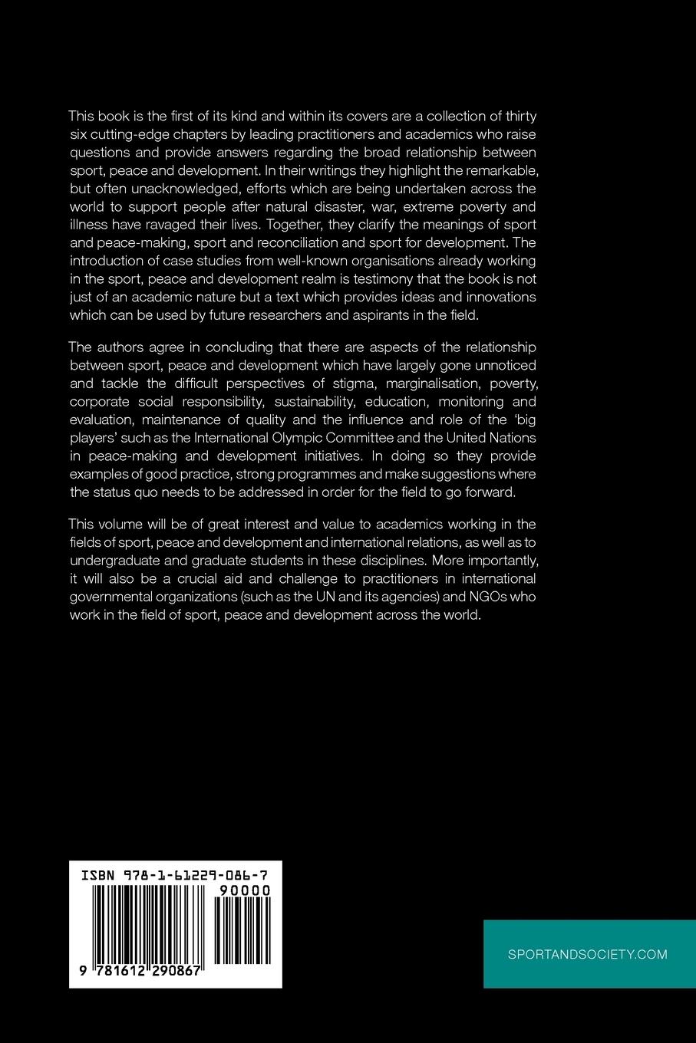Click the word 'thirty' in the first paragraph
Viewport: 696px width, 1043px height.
click(518, 117)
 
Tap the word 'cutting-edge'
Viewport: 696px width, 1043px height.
click(120, 135)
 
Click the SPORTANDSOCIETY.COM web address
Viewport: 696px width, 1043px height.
click(588, 954)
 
